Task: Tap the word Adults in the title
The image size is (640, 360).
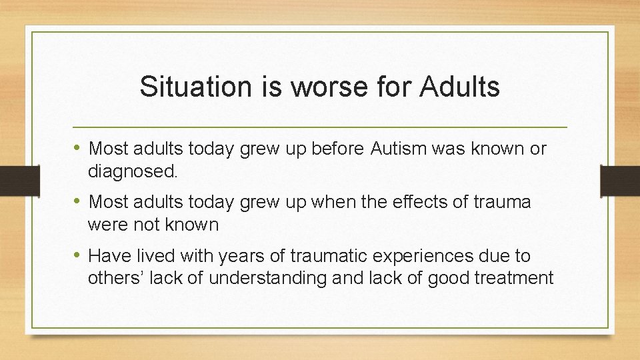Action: [x=459, y=87]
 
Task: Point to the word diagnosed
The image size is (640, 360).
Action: [x=133, y=171]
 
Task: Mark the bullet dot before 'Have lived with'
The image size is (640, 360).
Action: [x=78, y=255]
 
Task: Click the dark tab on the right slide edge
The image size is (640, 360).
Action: [x=620, y=181]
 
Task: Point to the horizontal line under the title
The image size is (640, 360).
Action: [x=320, y=127]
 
